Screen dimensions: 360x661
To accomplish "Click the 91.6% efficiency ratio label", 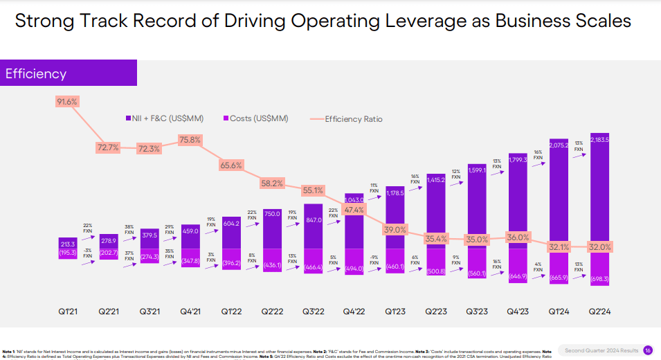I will pyautogui.click(x=67, y=102).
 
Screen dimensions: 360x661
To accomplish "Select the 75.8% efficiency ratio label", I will pyautogui.click(x=190, y=139).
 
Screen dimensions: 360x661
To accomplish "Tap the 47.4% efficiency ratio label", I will pyautogui.click(x=353, y=210).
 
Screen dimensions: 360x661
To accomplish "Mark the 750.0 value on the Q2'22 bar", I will pyautogui.click(x=272, y=214).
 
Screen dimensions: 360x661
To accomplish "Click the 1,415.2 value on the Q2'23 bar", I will pyautogui.click(x=435, y=180).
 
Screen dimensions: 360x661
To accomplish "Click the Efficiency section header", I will pyautogui.click(x=36, y=74).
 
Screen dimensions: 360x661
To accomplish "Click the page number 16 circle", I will pyautogui.click(x=648, y=350).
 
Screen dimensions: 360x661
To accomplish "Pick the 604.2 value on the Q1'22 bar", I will pyautogui.click(x=231, y=222).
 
